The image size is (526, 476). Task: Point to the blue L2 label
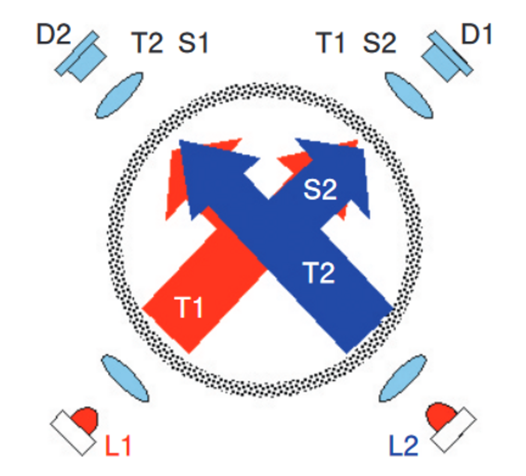(x=404, y=445)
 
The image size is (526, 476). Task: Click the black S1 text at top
(x=193, y=43)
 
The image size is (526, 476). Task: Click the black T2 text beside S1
(x=147, y=43)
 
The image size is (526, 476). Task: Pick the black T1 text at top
(x=331, y=43)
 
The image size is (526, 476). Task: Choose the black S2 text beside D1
(x=380, y=43)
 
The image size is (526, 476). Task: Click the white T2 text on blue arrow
(x=319, y=273)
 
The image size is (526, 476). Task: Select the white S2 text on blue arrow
(x=320, y=190)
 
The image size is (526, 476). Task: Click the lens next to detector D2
(x=119, y=95)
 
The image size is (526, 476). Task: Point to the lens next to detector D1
(x=409, y=95)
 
